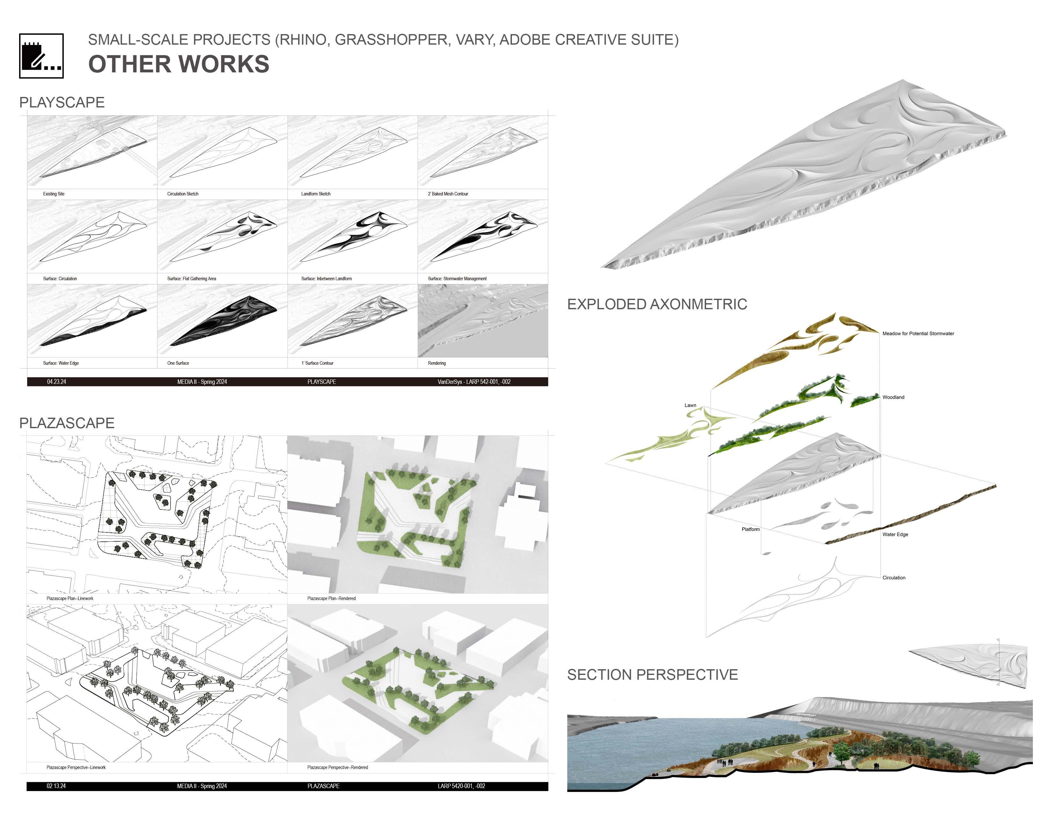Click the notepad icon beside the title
click(41, 56)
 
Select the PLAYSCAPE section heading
click(62, 102)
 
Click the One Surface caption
click(178, 363)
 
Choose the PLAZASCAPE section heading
click(67, 423)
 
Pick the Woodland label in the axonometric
click(893, 397)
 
